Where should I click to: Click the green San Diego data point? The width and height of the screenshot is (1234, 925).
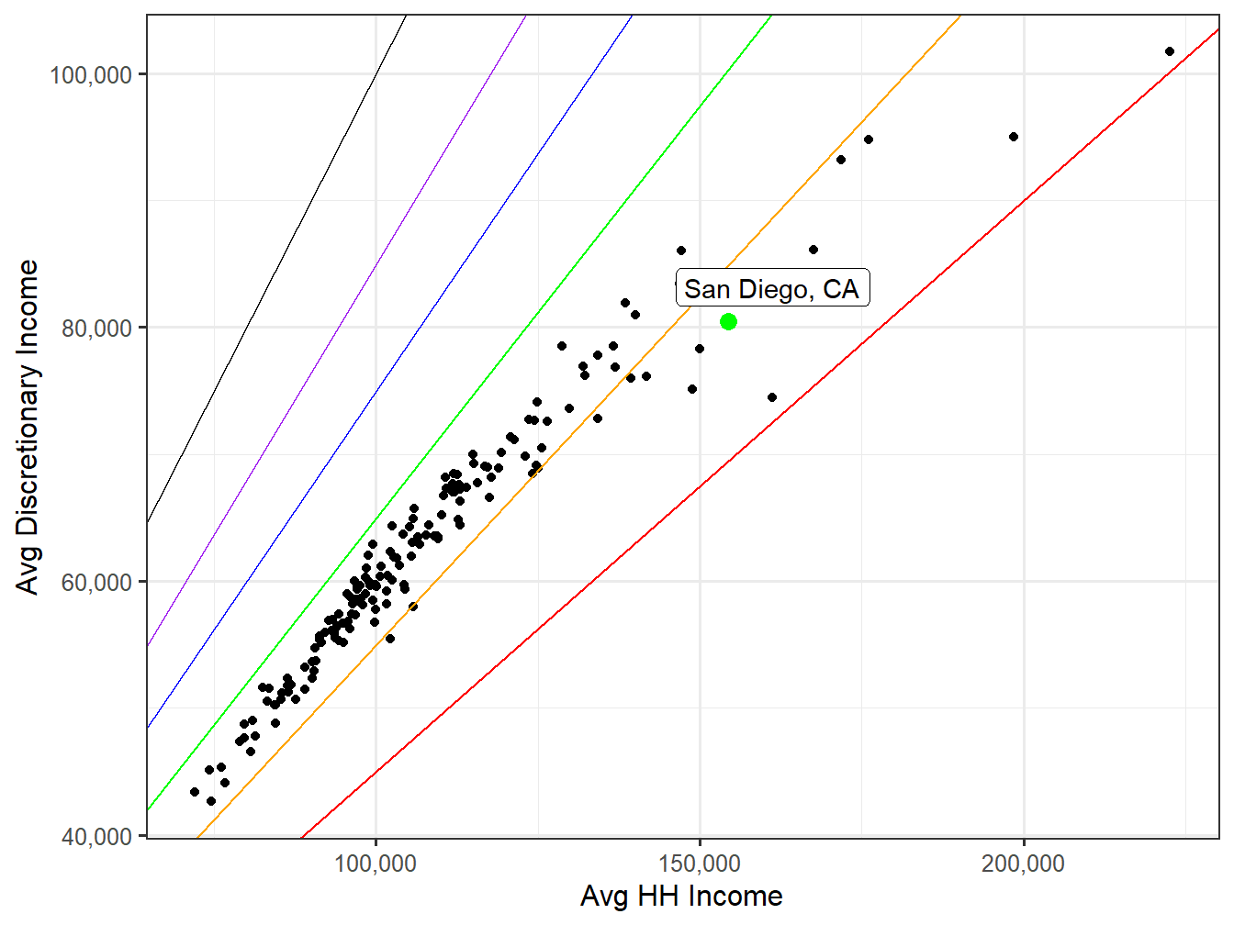728,321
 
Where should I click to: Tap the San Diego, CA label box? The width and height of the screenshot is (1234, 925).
771,289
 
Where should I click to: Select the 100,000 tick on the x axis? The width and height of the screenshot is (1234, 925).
376,864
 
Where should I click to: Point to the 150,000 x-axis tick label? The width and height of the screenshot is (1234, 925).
700,864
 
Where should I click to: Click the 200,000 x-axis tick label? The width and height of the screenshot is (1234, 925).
1023,864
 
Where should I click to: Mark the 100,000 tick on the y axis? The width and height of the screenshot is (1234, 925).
90,74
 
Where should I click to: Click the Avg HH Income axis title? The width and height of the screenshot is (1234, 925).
681,897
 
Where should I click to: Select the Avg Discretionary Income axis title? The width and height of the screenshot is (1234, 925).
28,427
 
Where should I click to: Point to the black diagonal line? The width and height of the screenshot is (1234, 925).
275,275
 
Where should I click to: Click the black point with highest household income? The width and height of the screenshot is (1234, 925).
1169,51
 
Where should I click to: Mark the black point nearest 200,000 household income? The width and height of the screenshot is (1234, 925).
1014,137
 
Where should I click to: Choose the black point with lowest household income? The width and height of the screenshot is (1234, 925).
195,792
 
